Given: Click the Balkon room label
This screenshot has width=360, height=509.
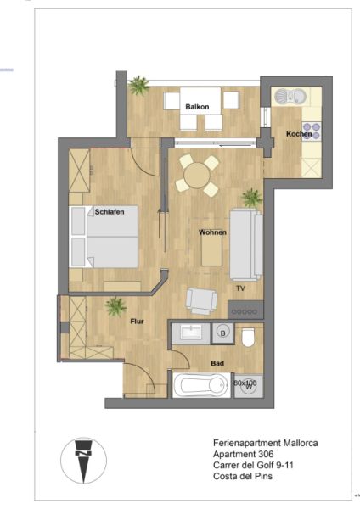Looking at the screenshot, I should pos(197,107).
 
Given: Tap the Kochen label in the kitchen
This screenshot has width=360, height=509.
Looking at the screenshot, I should pos(299,134).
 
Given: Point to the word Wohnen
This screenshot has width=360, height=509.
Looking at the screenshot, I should pos(212,231).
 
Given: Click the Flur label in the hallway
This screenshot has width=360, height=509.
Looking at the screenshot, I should pos(137,322).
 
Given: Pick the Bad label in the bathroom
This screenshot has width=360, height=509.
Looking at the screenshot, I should pos(217,363).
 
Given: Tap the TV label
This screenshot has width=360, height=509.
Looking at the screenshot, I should pos(240,289).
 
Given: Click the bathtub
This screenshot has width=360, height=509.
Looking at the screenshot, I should pos(200,388).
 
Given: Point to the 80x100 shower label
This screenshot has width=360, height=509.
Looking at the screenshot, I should pos(245,383).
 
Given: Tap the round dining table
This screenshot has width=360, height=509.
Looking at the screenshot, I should pos(197,176).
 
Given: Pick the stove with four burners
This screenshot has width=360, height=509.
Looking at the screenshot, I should pos(312,131).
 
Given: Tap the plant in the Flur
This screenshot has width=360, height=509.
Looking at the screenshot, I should pos(115,306).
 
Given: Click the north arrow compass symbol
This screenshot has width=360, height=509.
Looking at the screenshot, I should pos(83,460).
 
